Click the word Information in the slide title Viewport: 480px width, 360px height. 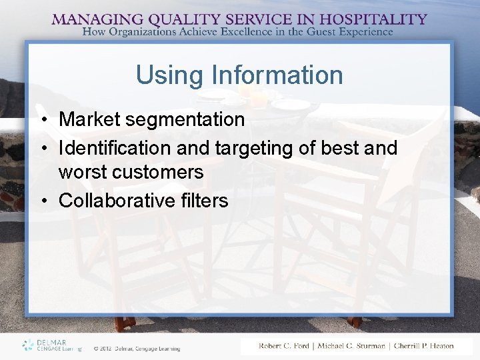273,75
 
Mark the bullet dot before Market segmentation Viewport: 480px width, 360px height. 41,121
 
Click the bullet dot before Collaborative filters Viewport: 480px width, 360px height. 41,201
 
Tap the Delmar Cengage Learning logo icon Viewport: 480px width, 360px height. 27,345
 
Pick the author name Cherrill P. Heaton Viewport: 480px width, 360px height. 423,346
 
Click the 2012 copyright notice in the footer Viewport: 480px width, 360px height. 137,348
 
